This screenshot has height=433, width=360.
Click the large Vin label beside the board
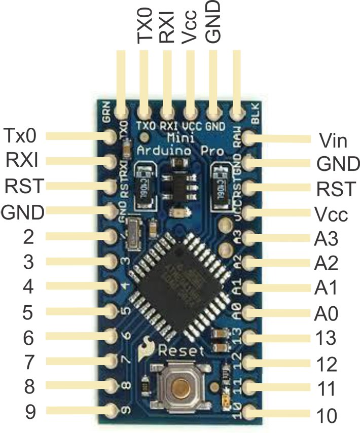tap(333, 139)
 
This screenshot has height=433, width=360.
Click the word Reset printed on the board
tap(181, 351)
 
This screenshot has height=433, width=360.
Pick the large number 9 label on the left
tap(30, 411)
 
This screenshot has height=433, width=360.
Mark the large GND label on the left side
tap(22, 212)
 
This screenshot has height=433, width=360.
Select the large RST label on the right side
tap(335, 189)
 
